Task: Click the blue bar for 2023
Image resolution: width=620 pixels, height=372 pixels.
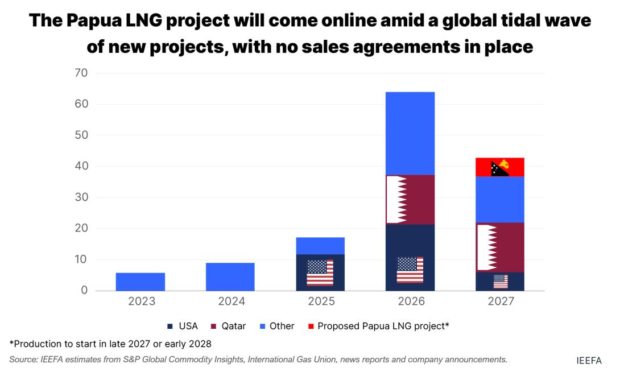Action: [140, 282]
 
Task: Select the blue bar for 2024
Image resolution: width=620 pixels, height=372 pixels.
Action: [230, 276]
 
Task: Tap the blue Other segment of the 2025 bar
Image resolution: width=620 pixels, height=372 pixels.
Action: [320, 246]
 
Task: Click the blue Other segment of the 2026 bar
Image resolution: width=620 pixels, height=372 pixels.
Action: [410, 133]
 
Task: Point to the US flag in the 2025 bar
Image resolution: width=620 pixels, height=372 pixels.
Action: [320, 272]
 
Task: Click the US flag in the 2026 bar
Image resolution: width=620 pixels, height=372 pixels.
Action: [410, 270]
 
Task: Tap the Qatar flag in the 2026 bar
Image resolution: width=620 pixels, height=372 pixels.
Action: [396, 199]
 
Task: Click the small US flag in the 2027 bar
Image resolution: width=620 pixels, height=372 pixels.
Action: [501, 282]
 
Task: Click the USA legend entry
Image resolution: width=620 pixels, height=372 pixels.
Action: [183, 326]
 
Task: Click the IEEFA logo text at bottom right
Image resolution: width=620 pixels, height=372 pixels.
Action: [588, 360]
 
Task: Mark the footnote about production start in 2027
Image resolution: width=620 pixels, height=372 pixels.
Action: [110, 343]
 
